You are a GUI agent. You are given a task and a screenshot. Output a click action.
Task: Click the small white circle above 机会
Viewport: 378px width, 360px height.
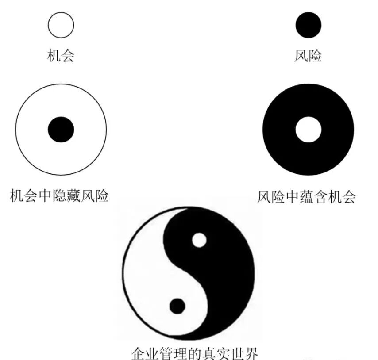pyautogui.click(x=61, y=25)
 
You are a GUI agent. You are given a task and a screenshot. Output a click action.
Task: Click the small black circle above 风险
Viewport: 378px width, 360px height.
pyautogui.click(x=309, y=25)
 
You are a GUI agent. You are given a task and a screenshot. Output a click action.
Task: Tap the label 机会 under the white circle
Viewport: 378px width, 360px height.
pyautogui.click(x=61, y=56)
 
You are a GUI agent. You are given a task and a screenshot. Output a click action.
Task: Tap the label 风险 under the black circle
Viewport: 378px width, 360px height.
pyautogui.click(x=308, y=56)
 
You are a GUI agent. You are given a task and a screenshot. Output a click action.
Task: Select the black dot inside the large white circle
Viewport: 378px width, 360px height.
pyautogui.click(x=61, y=130)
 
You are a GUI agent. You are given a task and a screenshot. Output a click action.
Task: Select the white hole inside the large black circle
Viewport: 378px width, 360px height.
pyautogui.click(x=308, y=130)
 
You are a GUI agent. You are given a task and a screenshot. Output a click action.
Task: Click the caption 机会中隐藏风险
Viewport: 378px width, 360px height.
pyautogui.click(x=59, y=195)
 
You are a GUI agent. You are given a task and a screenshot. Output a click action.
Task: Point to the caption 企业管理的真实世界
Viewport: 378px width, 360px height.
pyautogui.click(x=195, y=353)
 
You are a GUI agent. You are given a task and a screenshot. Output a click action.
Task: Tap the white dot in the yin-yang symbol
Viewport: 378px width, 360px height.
pyautogui.click(x=199, y=240)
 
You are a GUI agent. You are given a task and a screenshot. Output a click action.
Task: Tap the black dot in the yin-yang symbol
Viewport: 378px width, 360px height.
pyautogui.click(x=177, y=306)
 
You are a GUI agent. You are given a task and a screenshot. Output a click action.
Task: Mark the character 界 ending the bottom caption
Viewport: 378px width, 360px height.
pyautogui.click(x=251, y=353)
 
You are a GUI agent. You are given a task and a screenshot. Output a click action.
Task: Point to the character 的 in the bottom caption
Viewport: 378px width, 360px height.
pyautogui.click(x=195, y=353)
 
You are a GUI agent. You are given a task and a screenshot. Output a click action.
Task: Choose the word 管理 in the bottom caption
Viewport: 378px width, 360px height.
pyautogui.click(x=174, y=353)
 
